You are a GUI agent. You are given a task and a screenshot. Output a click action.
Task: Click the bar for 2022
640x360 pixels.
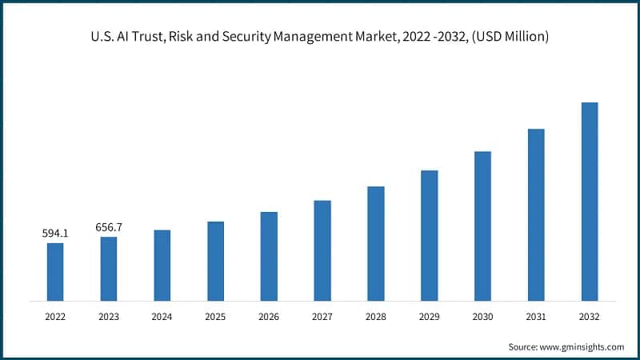[55, 272]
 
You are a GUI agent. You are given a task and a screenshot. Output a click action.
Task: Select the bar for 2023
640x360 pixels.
[109, 269]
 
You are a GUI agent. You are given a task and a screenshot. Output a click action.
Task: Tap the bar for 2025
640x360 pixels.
[215, 261]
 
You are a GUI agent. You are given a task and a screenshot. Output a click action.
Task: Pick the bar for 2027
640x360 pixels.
[322, 250]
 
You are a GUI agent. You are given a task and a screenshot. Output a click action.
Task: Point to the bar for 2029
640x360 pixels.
[430, 235]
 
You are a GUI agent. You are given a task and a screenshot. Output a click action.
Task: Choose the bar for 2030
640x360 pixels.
[482, 226]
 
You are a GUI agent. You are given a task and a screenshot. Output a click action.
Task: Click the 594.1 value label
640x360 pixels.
[55, 234]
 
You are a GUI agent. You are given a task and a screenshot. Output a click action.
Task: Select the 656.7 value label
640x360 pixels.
[109, 227]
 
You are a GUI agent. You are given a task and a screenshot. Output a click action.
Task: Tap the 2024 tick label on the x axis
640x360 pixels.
[162, 317]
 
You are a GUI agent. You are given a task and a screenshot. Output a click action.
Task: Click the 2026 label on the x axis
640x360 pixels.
[269, 317]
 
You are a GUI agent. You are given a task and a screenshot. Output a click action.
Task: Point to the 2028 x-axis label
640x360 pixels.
[376, 317]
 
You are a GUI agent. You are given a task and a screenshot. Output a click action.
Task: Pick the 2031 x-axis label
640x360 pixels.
[536, 317]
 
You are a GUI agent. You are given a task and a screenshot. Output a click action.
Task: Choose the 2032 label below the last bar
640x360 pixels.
[590, 317]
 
